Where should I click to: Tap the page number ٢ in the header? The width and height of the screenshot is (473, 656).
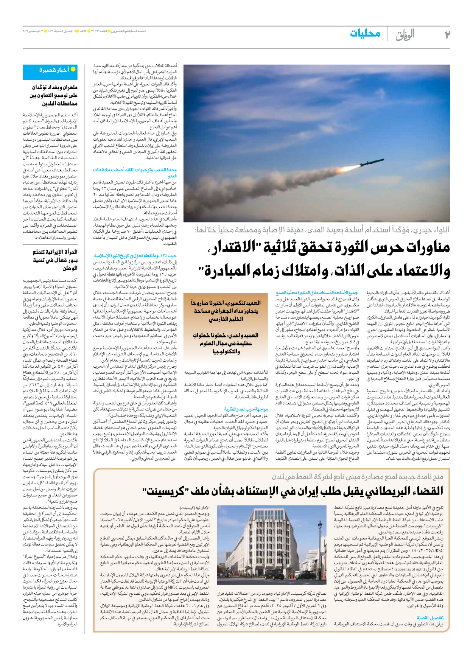coord(447,35)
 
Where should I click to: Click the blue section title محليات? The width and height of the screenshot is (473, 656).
coord(365,33)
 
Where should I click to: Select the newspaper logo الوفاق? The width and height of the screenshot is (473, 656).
coord(405,35)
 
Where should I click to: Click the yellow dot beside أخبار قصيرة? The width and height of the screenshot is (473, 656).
coord(73,69)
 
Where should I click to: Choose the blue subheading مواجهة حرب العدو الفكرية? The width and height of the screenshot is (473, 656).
coord(246,409)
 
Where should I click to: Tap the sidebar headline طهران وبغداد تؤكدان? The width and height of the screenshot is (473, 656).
coord(54,87)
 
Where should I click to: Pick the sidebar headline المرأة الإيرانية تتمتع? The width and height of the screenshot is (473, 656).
coord(55,252)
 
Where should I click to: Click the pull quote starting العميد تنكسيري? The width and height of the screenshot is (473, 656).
coord(226,311)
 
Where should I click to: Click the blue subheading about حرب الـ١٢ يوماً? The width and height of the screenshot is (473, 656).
coord(135,256)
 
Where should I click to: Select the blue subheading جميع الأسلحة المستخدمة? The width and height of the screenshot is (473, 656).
coord(317,293)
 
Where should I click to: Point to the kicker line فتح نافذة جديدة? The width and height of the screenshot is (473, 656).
coord(357,477)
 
